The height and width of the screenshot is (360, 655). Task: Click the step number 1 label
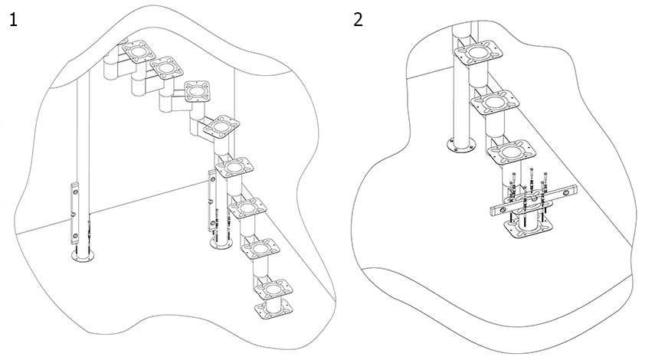click(13, 20)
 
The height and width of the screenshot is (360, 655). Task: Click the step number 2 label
click(358, 20)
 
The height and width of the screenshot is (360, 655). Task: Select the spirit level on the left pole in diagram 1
click(74, 213)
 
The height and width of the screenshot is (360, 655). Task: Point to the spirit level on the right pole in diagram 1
click(212, 200)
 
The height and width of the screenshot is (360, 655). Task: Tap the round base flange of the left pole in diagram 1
click(84, 256)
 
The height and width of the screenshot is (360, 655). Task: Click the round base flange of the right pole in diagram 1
click(221, 244)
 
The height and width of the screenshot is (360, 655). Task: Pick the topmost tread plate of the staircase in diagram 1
click(139, 52)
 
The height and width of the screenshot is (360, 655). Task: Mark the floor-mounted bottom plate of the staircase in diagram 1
click(274, 311)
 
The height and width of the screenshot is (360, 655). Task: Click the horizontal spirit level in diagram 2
click(533, 200)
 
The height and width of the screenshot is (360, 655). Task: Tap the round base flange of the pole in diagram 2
click(462, 145)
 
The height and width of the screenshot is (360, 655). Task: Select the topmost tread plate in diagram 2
click(479, 53)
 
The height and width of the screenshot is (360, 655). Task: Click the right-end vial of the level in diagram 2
click(565, 191)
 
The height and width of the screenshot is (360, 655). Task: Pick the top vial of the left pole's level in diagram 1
click(75, 191)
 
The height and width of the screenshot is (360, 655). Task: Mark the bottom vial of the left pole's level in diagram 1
click(74, 237)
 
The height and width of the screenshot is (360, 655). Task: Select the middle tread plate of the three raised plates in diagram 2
click(495, 103)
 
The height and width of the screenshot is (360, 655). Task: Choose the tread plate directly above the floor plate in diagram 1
click(273, 289)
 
